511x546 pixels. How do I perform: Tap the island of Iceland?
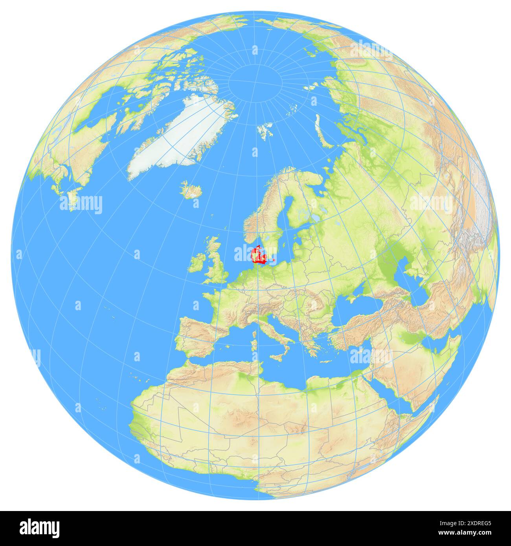click(191, 191)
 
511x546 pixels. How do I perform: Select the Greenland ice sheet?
click(173, 138)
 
